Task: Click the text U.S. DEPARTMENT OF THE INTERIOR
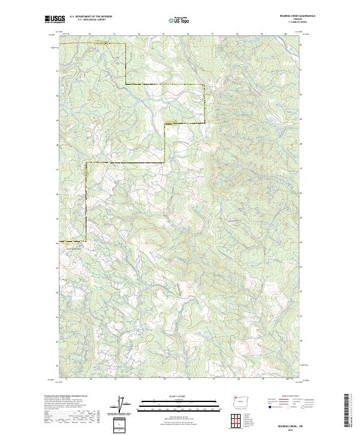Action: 91,16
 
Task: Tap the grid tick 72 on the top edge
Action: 89,34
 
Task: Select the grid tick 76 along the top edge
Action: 188,34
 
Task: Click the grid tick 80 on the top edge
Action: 286,34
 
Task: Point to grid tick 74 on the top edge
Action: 139,34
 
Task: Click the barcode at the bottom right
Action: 347,411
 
